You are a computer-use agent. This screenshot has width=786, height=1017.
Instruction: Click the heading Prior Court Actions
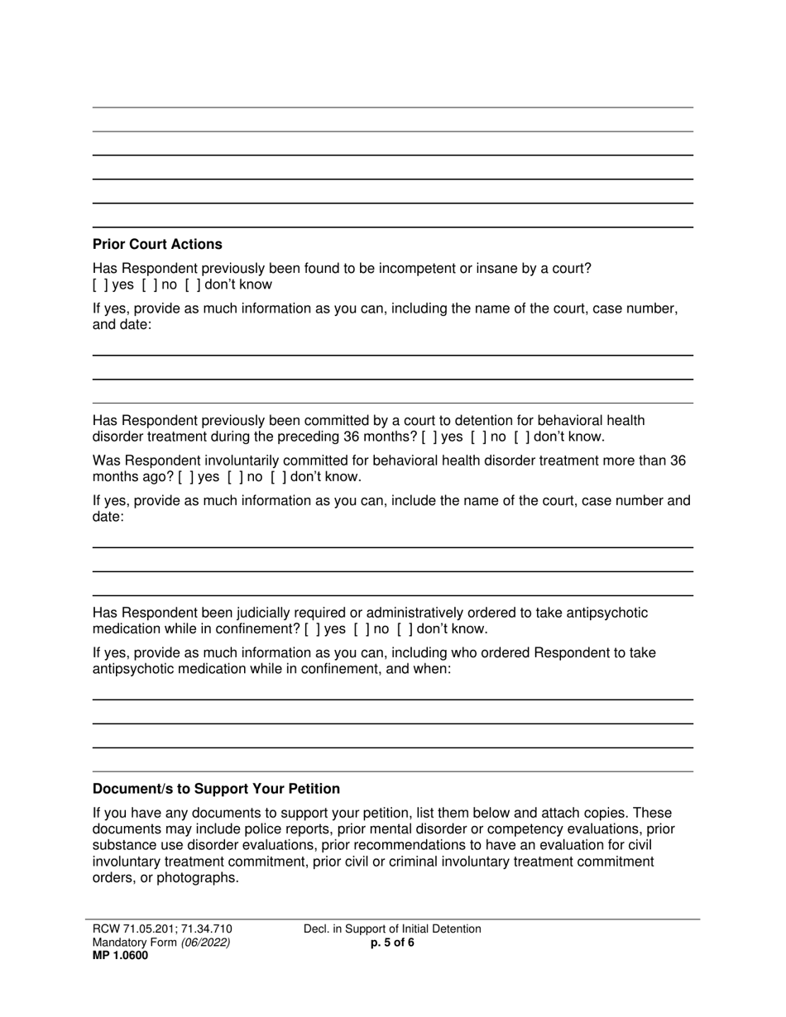pyautogui.click(x=157, y=245)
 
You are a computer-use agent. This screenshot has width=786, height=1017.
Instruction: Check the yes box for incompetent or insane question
pyautogui.click(x=98, y=285)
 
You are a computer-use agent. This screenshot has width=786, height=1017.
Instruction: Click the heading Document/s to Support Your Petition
pyautogui.click(x=216, y=789)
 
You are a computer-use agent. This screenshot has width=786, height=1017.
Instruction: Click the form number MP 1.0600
pyautogui.click(x=121, y=956)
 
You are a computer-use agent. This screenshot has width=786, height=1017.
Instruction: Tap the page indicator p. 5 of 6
pyautogui.click(x=393, y=943)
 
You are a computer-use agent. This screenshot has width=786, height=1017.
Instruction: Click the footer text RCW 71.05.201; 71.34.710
pyautogui.click(x=168, y=929)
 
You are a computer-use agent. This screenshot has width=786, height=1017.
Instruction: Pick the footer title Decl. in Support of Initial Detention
pyautogui.click(x=392, y=929)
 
